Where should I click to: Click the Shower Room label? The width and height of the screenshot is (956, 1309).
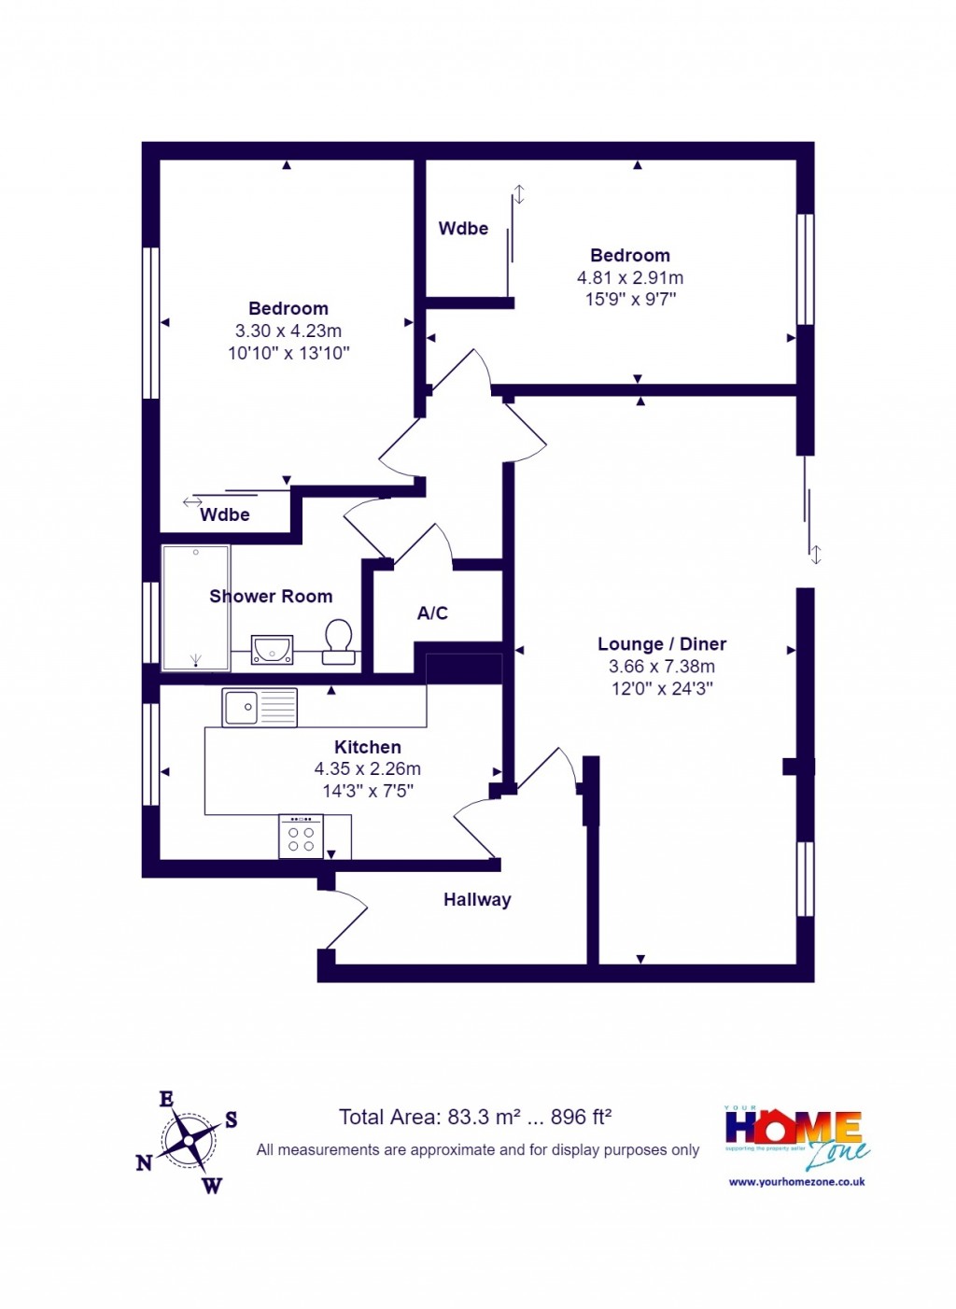click(x=271, y=597)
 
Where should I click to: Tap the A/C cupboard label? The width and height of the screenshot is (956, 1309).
click(x=432, y=613)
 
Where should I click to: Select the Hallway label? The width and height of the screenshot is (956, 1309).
click(x=477, y=900)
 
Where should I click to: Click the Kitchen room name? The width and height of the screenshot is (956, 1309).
click(x=368, y=747)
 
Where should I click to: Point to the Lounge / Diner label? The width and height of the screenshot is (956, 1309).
click(x=662, y=644)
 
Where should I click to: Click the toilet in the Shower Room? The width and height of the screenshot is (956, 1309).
click(x=338, y=640)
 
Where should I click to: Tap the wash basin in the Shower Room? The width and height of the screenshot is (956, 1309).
click(x=273, y=648)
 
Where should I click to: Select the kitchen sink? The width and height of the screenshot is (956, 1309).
click(x=260, y=708)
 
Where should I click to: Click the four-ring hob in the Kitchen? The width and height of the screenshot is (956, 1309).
click(x=301, y=837)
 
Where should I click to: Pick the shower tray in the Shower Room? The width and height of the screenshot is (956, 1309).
click(x=196, y=608)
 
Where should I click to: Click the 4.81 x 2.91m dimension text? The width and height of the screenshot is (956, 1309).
click(x=630, y=277)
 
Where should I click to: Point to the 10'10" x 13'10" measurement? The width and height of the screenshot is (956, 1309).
click(x=288, y=353)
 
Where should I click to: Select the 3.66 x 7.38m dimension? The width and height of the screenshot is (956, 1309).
click(x=662, y=667)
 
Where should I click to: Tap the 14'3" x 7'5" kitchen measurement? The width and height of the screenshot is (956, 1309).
click(x=368, y=791)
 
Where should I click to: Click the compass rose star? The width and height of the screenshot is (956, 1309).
click(x=190, y=1140)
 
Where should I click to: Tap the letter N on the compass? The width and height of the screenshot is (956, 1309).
click(x=144, y=1162)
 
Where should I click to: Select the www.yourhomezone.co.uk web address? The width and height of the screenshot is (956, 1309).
click(x=796, y=1181)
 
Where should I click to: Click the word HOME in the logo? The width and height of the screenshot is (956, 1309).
click(x=793, y=1127)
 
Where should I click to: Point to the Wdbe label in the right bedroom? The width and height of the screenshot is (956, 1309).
click(x=463, y=229)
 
